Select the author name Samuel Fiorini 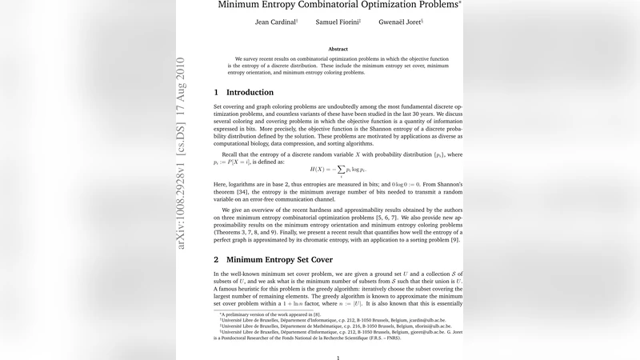click(x=338, y=22)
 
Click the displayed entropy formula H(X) click(x=338, y=170)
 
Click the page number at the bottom click(x=338, y=358)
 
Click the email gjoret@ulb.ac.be click(x=422, y=332)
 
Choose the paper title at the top click(x=339, y=4)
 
